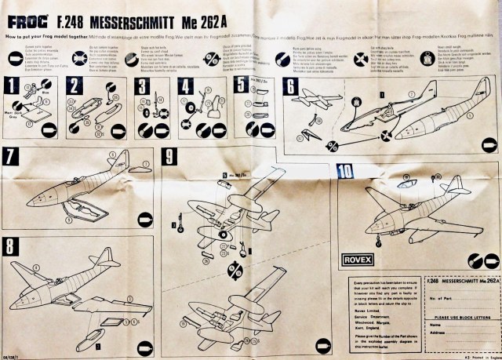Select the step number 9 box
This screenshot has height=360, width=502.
click(x=168, y=155)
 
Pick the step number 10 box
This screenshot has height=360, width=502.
click(x=344, y=170)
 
